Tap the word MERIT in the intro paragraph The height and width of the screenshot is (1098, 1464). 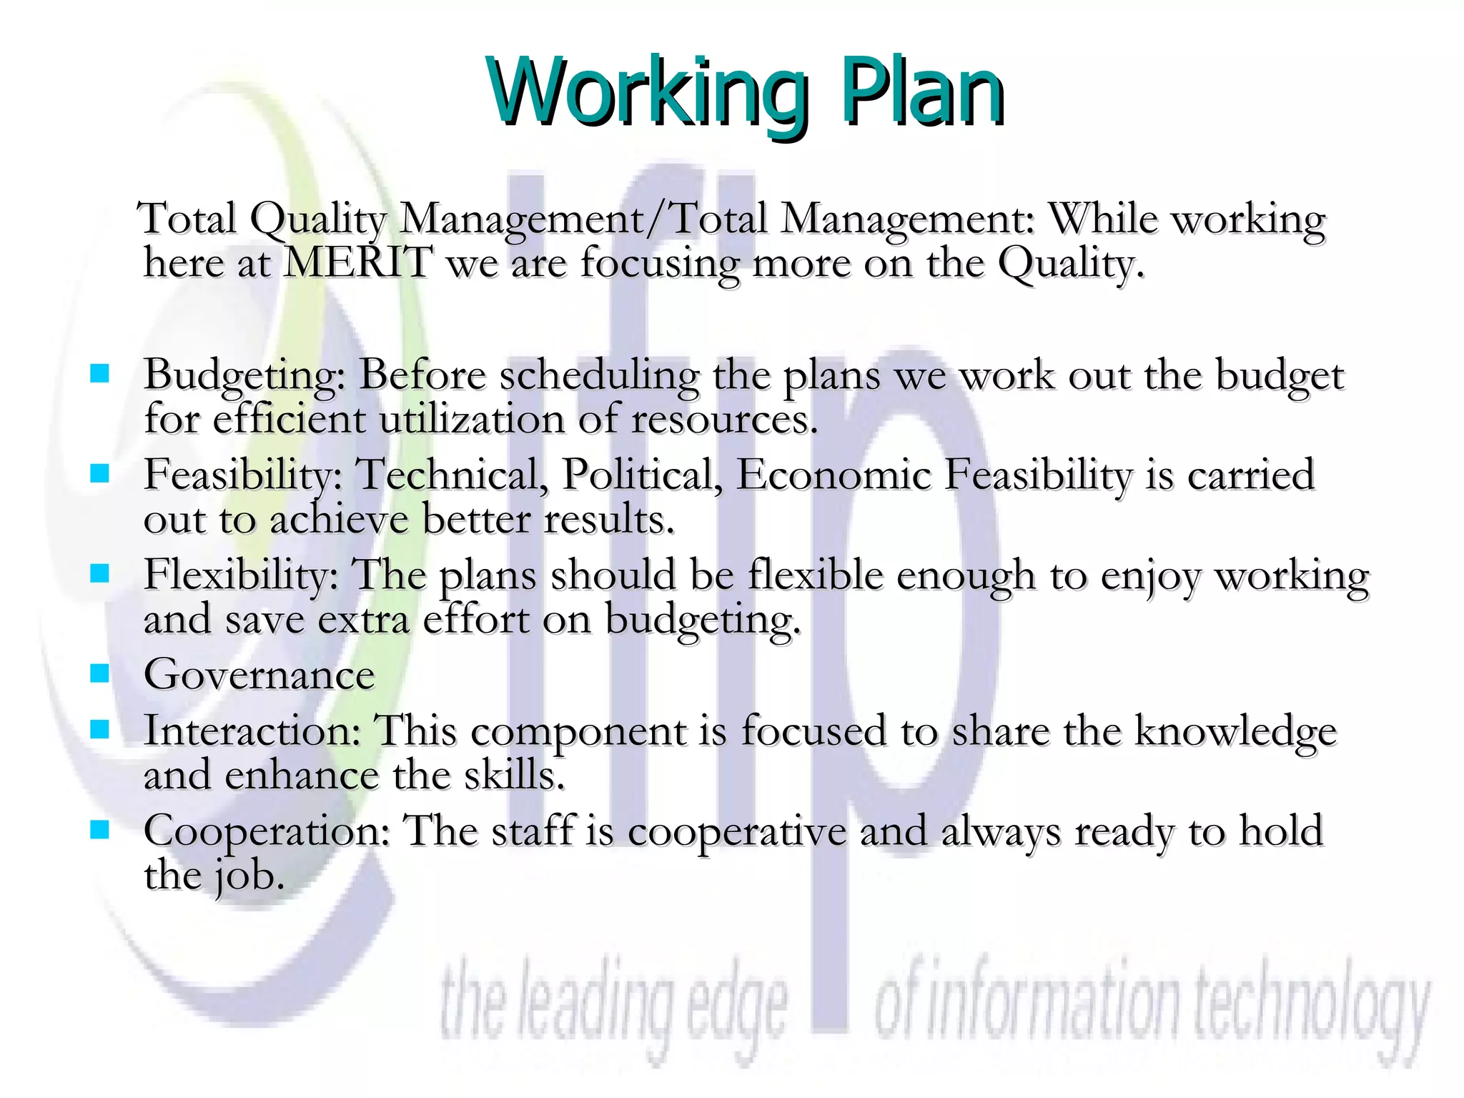tap(358, 262)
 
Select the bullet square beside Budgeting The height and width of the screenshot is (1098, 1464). tap(99, 373)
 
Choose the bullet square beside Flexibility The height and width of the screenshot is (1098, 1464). tap(99, 573)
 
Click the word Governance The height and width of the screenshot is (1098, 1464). tap(259, 675)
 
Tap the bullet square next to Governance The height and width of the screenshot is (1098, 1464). tap(99, 673)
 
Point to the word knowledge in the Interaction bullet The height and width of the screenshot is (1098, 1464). tap(1235, 733)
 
